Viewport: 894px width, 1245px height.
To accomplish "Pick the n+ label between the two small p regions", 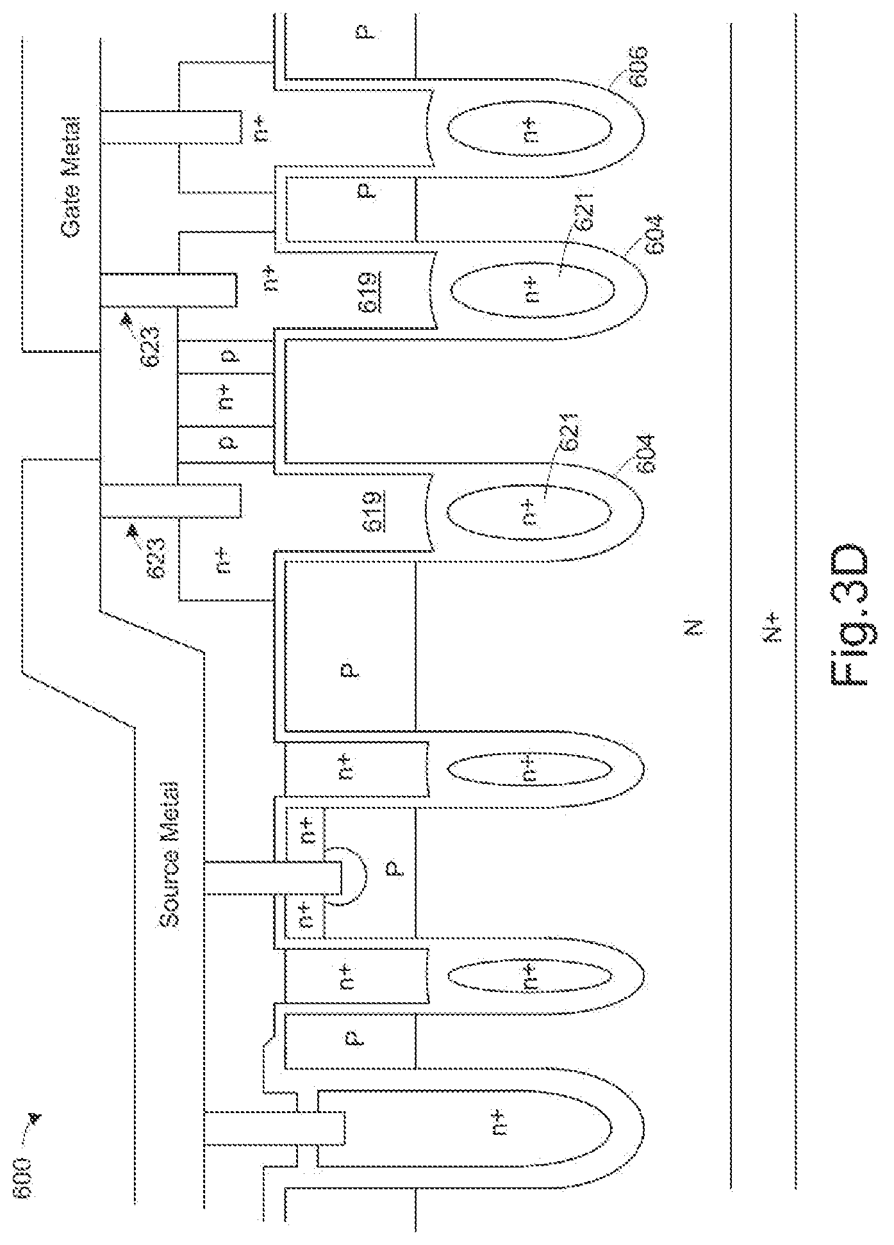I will click(228, 402).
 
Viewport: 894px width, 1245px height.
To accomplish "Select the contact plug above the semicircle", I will click(276, 876).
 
